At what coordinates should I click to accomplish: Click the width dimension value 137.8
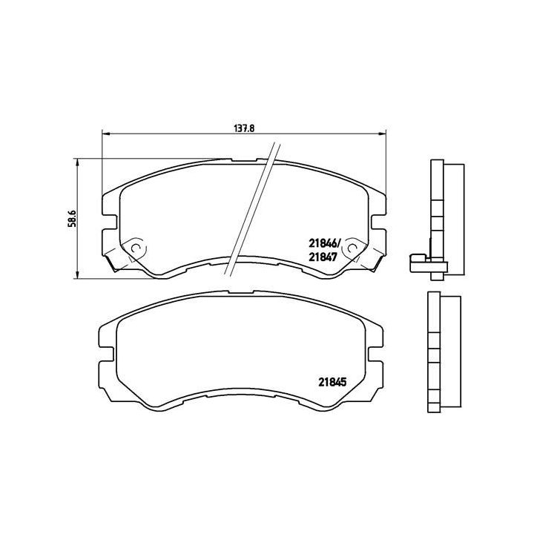[x=244, y=128]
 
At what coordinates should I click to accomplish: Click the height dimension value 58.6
[x=72, y=220]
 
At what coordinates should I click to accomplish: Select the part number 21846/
[x=323, y=243]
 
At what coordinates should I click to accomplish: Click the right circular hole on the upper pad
[x=354, y=244]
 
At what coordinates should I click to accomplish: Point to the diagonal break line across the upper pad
[x=252, y=208]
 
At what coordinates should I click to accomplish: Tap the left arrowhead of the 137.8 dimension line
[x=105, y=134]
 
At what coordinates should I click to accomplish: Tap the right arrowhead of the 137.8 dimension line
[x=383, y=134]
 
